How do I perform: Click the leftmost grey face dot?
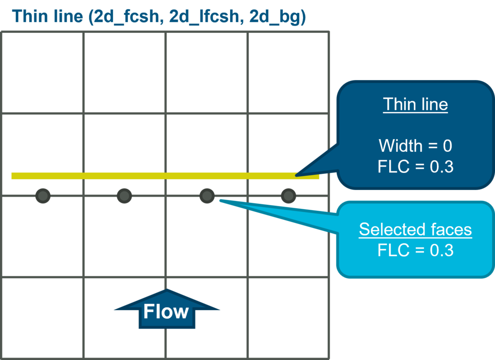point(43,196)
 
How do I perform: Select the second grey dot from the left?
point(125,196)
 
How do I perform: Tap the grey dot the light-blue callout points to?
point(207,196)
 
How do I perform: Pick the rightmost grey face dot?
point(289,196)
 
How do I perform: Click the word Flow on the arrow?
point(166,312)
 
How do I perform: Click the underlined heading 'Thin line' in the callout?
point(415,104)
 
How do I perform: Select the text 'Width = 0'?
point(415,145)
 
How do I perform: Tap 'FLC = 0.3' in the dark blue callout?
point(415,166)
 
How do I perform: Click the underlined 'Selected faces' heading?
point(415,230)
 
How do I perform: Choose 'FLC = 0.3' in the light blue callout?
point(415,250)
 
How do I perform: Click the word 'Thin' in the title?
point(29,17)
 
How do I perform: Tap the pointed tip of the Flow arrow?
point(167,290)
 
